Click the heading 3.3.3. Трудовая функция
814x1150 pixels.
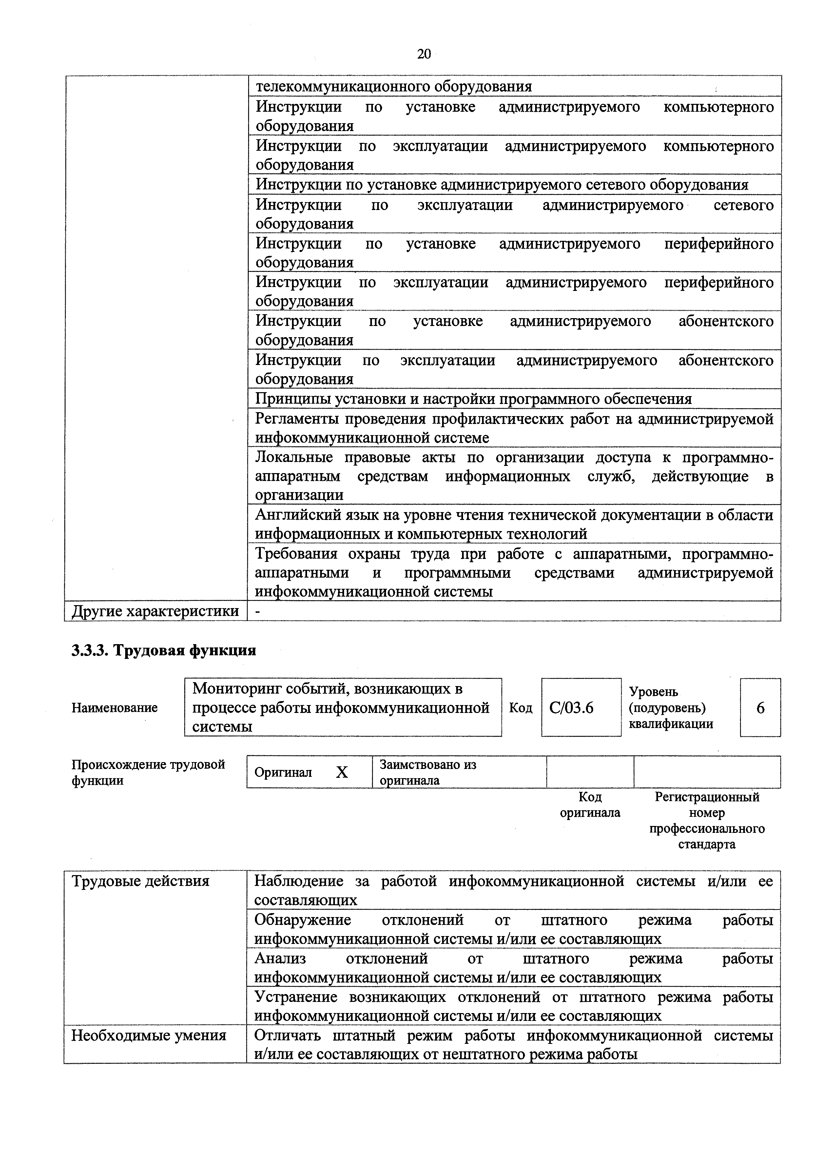(164, 650)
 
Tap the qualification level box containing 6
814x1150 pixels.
(760, 708)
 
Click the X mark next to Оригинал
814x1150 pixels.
(341, 772)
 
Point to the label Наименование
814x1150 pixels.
(114, 708)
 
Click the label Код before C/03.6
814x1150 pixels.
(520, 708)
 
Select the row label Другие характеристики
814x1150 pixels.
(155, 611)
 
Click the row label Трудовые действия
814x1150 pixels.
(140, 881)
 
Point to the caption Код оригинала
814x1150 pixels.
(590, 804)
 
